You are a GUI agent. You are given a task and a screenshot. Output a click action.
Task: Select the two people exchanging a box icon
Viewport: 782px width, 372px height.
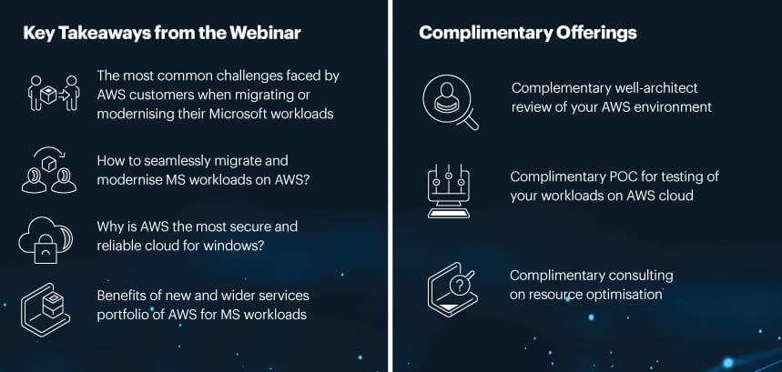coord(54,93)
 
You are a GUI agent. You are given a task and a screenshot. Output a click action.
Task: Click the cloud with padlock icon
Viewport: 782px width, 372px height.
coord(46,239)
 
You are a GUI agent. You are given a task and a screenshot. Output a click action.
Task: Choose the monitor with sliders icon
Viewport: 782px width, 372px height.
coord(449,191)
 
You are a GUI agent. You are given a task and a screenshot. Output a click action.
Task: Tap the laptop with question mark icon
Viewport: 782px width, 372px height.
coord(451,289)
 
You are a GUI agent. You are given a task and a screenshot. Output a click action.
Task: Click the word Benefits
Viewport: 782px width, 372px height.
coord(122,296)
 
